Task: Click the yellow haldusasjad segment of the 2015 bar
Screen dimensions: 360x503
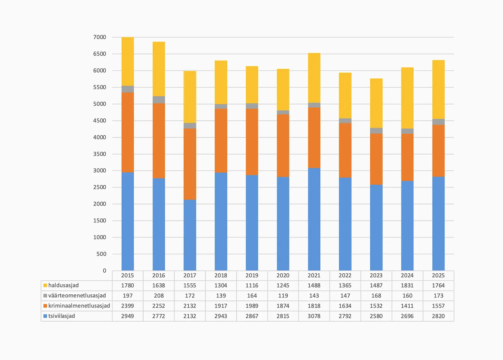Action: (x=128, y=61)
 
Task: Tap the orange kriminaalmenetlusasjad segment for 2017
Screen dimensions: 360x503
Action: (x=190, y=164)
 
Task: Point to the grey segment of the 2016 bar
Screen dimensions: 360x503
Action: (x=159, y=100)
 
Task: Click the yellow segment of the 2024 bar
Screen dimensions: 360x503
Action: (x=407, y=98)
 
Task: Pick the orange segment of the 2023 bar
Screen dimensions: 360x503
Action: (x=376, y=159)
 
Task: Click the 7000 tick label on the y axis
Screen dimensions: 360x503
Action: (x=100, y=37)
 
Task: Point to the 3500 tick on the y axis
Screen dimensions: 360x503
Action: (x=100, y=154)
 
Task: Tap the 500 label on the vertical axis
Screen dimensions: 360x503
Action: (x=101, y=254)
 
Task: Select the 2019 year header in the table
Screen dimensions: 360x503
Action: (x=252, y=275)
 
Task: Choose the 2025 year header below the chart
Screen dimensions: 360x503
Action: (x=438, y=275)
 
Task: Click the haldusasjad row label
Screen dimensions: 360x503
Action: (x=64, y=286)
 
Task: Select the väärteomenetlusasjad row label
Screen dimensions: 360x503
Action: (x=77, y=296)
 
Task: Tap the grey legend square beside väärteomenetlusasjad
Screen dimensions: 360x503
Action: (x=45, y=296)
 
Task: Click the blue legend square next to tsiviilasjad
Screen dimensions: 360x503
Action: (x=45, y=316)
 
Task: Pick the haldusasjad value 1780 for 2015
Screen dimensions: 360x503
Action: (x=128, y=286)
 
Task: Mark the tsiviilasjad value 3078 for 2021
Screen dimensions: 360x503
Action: (x=314, y=316)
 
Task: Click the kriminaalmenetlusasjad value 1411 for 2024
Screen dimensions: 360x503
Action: (x=407, y=306)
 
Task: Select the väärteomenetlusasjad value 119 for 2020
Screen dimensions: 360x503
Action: (x=283, y=296)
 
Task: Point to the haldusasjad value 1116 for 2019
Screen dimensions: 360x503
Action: (x=252, y=286)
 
